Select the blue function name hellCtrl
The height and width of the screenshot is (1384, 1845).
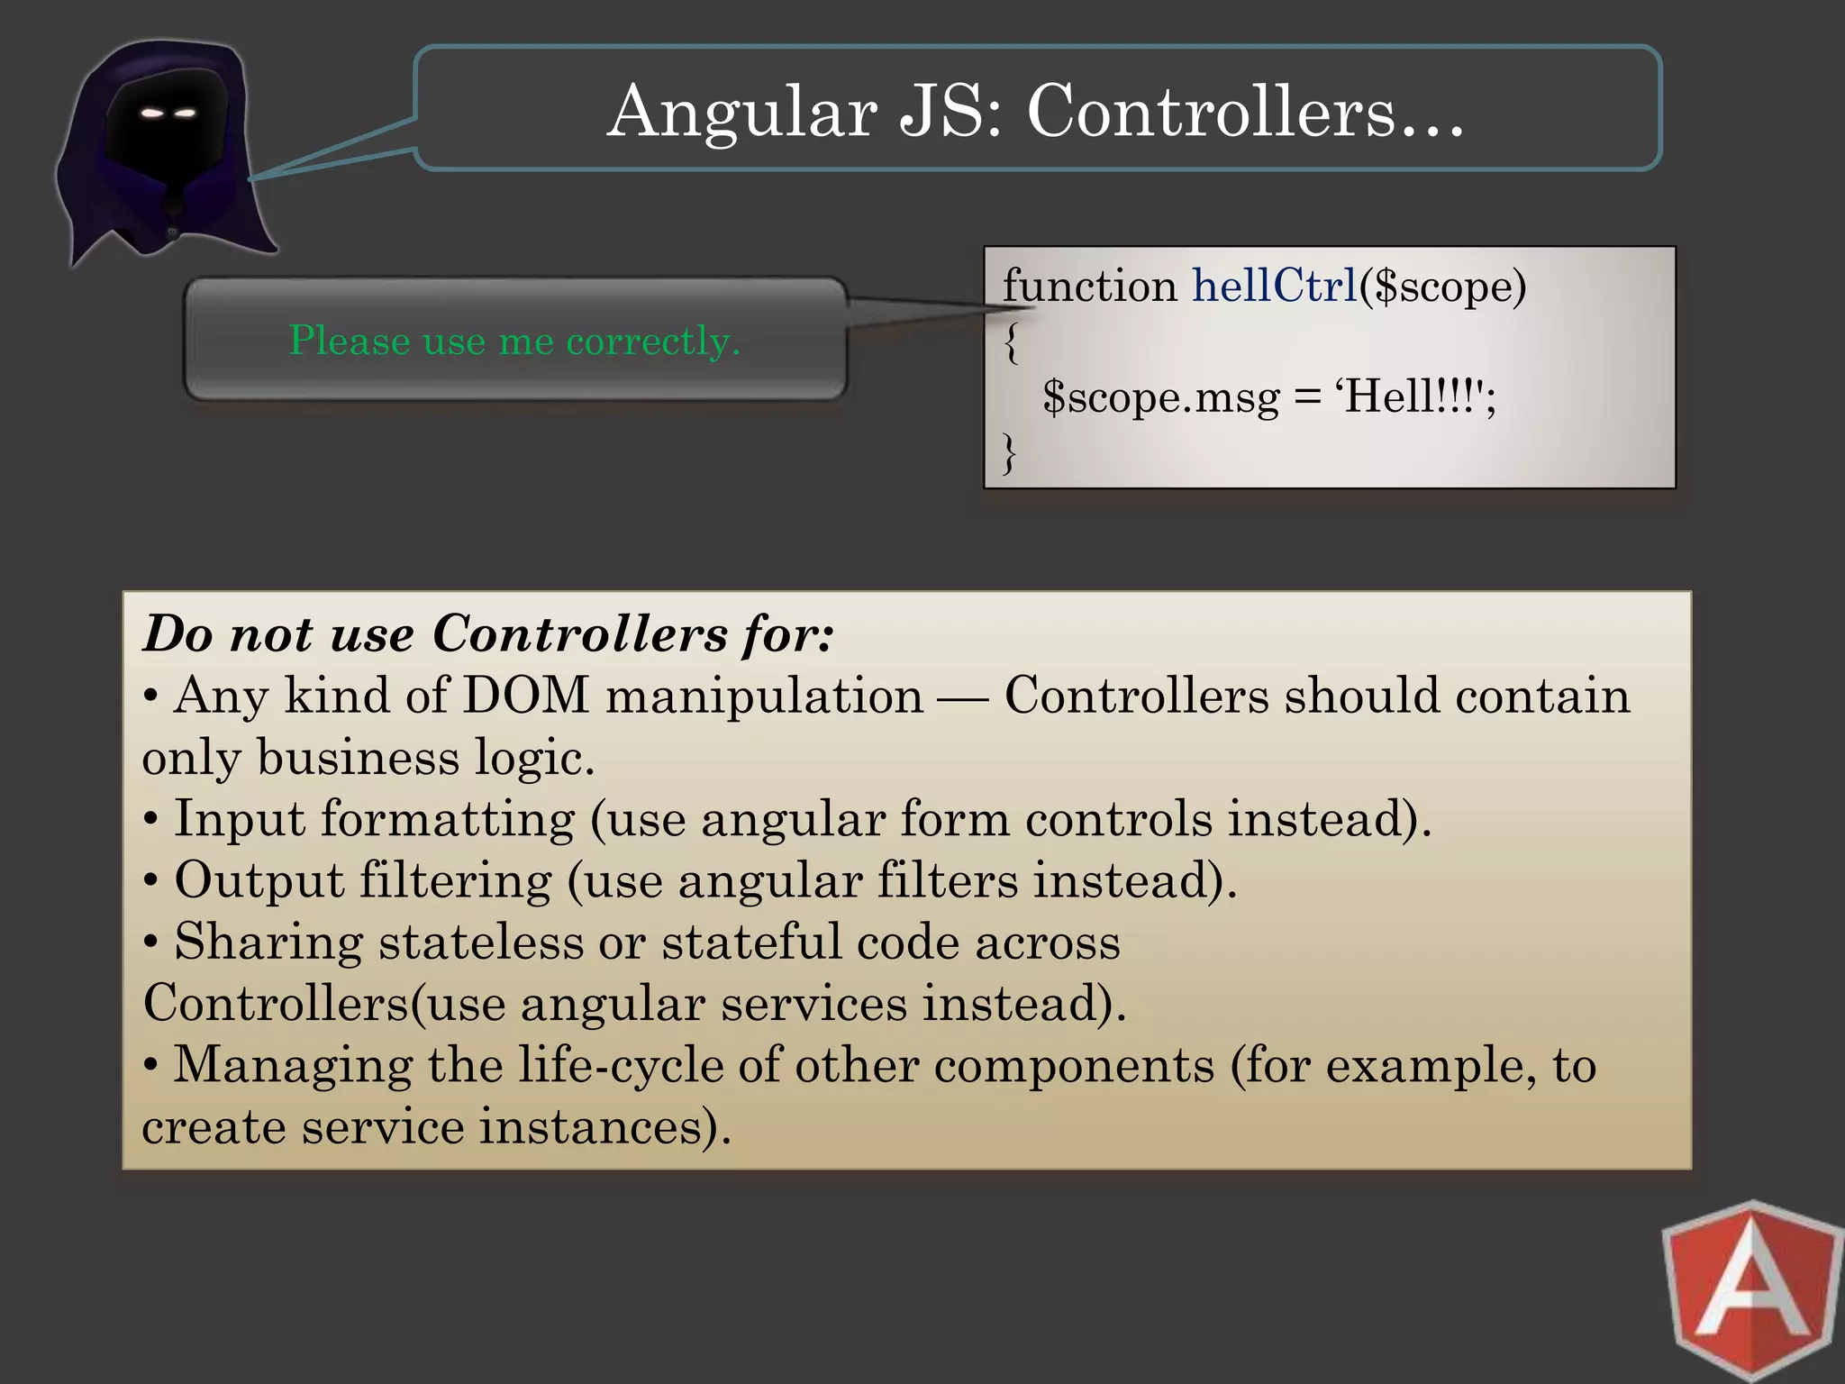tap(1274, 287)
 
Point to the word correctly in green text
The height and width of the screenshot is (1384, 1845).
tap(652, 341)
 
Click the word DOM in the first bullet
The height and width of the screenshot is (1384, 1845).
tap(524, 696)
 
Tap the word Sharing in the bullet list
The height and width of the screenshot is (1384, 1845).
tap(268, 942)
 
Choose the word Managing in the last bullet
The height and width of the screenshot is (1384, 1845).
tap(293, 1065)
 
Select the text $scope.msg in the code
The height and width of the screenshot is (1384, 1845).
tap(1160, 396)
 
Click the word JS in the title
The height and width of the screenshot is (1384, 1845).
tap(951, 112)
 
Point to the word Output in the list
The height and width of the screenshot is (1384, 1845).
tap(259, 880)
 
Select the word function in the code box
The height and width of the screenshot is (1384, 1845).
tap(1089, 287)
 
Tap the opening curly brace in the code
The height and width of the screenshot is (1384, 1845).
tap(1012, 343)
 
